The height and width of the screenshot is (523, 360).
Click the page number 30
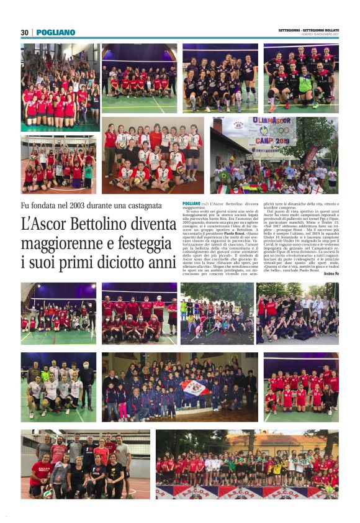[25, 32]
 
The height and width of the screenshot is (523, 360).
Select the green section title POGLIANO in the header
[56, 32]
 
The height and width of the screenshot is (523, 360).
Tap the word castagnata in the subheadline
[138, 206]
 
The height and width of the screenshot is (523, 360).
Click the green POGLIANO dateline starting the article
[192, 204]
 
